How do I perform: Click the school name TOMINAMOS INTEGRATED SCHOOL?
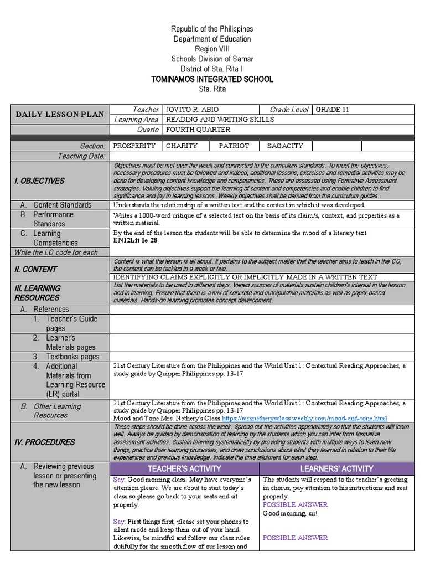click(x=212, y=79)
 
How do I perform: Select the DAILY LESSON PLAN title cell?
click(x=60, y=115)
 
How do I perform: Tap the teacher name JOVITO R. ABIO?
click(x=190, y=110)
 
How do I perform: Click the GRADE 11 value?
click(x=333, y=110)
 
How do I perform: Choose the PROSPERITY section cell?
click(x=134, y=146)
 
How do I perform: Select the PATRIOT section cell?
click(x=234, y=146)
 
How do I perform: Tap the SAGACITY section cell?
click(x=285, y=146)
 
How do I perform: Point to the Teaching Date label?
click(x=81, y=156)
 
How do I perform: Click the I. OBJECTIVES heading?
click(x=39, y=181)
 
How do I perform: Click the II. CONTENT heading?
click(x=35, y=269)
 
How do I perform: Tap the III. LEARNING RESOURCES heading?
click(x=38, y=293)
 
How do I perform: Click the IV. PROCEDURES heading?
click(x=44, y=442)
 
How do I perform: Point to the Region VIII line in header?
click(x=212, y=49)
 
